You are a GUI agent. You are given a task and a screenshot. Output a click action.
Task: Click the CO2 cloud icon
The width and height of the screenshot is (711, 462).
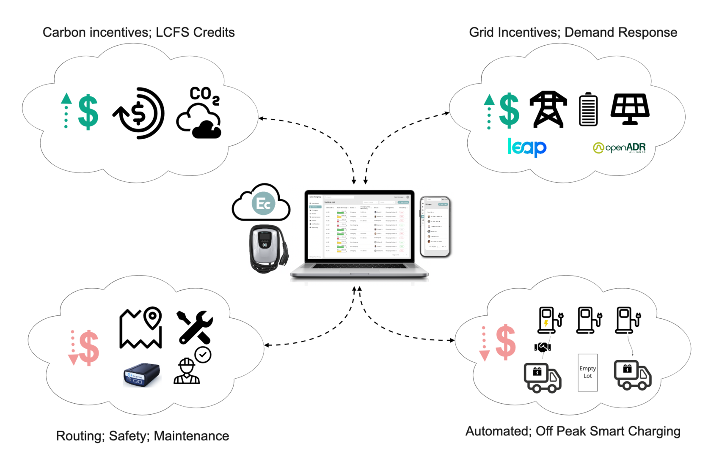199,113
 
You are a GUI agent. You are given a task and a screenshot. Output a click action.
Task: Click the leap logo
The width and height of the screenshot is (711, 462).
527,147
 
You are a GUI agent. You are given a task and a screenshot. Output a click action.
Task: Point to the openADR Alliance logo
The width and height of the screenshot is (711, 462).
619,148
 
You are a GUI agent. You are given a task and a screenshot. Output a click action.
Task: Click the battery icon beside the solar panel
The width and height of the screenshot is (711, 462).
588,109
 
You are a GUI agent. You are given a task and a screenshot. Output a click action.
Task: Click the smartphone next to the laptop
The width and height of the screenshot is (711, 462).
435,226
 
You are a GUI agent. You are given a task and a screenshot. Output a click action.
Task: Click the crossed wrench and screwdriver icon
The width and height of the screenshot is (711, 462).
195,327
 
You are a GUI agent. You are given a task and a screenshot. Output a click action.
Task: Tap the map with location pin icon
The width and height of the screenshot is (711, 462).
141,328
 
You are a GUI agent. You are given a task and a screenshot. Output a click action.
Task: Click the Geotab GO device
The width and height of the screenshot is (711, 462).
141,375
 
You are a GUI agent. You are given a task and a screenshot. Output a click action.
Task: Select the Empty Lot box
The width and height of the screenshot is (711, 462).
587,372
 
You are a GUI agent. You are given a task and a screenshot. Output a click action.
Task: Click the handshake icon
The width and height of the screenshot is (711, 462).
543,347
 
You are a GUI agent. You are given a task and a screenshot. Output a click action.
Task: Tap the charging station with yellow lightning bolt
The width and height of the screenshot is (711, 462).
549,320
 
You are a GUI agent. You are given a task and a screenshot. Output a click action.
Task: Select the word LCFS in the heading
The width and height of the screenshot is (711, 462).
172,33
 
